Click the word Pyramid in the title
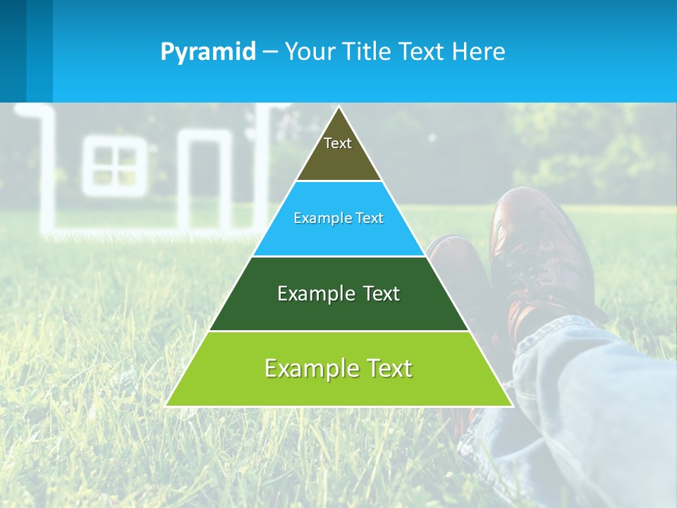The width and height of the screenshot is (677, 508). [x=207, y=52]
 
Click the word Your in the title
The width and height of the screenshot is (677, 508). [x=310, y=52]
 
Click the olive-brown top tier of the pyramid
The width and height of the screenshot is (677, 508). [x=338, y=162]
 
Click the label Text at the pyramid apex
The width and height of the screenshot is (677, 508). [x=338, y=143]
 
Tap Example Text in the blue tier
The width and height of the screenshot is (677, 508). [x=338, y=218]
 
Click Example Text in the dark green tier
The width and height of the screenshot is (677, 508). [x=338, y=294]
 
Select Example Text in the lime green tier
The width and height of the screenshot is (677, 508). [x=338, y=368]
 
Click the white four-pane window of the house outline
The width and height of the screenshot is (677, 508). [x=114, y=170]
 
